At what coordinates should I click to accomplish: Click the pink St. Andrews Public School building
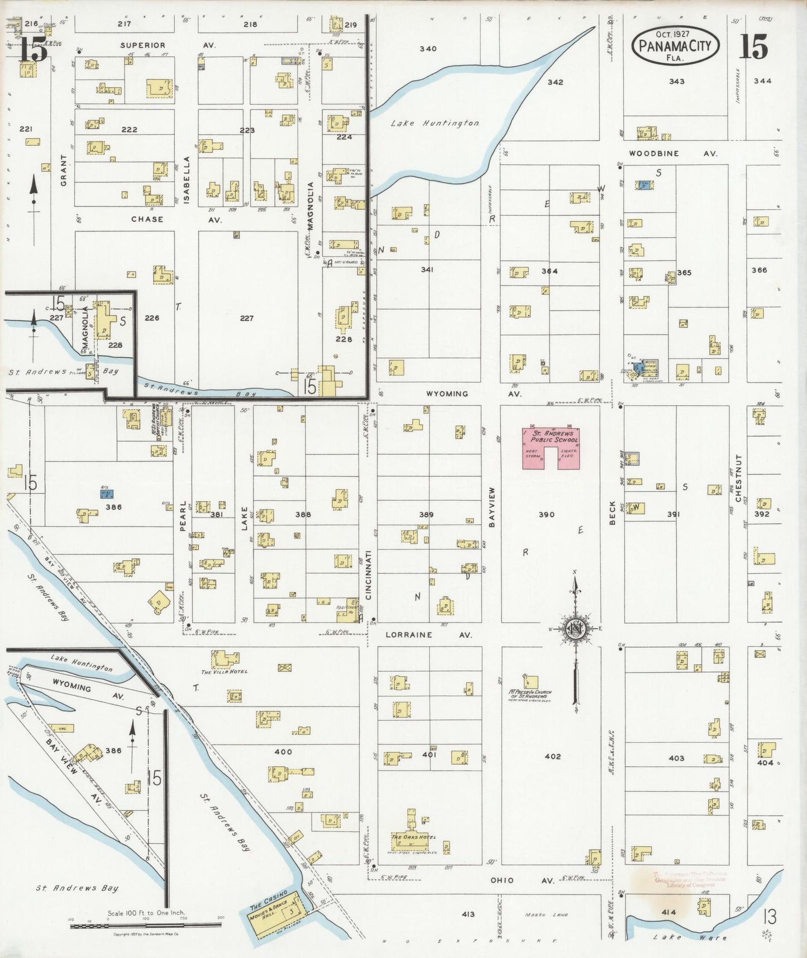[551, 447]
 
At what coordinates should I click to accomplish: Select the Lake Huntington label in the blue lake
[435, 123]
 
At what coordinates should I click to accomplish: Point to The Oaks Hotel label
[413, 837]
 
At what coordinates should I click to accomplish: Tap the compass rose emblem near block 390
[575, 629]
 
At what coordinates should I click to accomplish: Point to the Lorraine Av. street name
[429, 635]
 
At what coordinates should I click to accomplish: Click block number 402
[552, 756]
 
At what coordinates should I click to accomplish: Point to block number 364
[549, 271]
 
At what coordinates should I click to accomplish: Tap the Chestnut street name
[738, 478]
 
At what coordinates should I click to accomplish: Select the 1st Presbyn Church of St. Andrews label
[529, 694]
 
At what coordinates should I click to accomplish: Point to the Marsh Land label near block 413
[546, 915]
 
